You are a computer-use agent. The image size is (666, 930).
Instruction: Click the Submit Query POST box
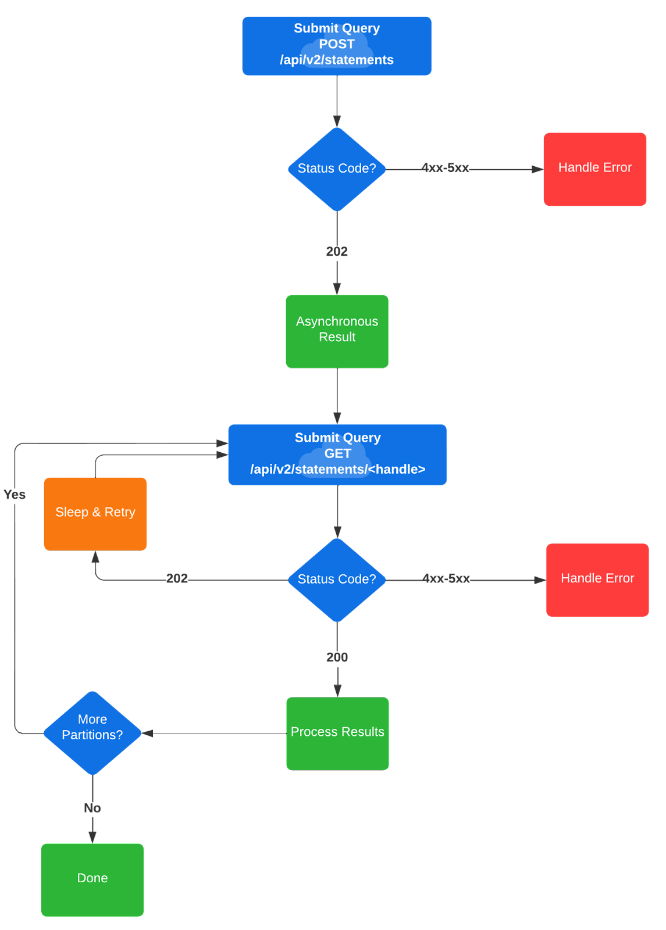(337, 45)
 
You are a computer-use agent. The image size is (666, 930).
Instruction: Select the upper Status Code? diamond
(337, 169)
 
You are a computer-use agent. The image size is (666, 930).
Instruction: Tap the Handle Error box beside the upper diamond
(594, 169)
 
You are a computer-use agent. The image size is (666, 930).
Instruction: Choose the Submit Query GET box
(337, 454)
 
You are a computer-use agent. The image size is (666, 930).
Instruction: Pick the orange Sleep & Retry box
(95, 513)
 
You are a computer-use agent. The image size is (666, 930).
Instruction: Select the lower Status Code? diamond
(337, 580)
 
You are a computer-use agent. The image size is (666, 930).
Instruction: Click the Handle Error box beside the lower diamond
(597, 580)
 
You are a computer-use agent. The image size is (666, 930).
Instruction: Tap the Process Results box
(337, 733)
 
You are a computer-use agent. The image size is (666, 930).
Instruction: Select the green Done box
(92, 879)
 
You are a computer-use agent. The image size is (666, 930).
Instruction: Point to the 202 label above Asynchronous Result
(337, 251)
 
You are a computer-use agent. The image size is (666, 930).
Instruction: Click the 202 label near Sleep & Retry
(177, 578)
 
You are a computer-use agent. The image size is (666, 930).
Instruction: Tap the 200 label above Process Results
(337, 657)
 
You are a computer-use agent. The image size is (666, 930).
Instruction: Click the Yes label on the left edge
(15, 495)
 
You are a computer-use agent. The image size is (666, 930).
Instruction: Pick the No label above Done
(92, 808)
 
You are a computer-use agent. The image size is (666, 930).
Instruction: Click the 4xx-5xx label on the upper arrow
(446, 168)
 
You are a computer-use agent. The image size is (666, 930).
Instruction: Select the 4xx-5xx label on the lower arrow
(446, 578)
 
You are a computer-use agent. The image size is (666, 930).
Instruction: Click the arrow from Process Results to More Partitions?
(215, 733)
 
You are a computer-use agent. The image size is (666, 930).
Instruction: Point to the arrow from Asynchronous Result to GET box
(337, 395)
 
